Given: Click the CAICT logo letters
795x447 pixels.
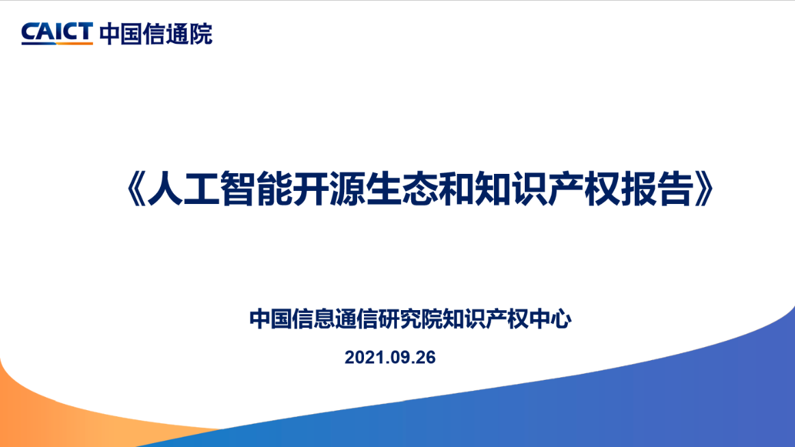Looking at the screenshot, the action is point(57,31).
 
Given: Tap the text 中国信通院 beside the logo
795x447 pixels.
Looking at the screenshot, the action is point(156,34).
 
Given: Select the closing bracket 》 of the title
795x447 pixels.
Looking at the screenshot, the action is point(704,189).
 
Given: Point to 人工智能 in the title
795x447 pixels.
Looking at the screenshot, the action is point(220,189).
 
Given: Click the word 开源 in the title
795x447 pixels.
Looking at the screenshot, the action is point(329,189).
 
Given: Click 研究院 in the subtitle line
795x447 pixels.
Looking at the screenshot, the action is point(410,319).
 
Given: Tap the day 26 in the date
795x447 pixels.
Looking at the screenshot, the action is point(426,358).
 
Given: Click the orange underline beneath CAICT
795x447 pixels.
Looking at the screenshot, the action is point(75,44).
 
